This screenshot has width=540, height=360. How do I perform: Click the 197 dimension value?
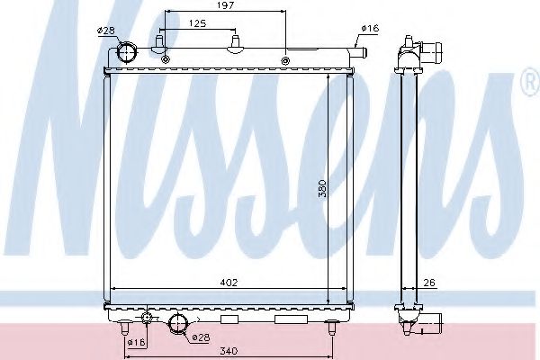click(x=226, y=5)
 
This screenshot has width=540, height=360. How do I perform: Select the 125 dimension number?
click(x=198, y=23)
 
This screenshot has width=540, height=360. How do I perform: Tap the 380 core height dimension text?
click(x=322, y=188)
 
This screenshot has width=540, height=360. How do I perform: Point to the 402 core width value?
click(x=229, y=283)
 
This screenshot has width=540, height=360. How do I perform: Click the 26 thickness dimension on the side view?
click(x=429, y=283)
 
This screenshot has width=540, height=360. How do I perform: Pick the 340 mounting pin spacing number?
click(x=229, y=351)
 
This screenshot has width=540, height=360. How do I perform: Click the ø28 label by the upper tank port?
click(x=105, y=31)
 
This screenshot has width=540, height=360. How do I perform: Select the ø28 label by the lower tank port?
click(x=201, y=338)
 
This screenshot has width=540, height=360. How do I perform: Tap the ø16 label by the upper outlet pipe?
click(x=370, y=28)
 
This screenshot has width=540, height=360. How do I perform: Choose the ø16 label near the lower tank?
click(x=137, y=342)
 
